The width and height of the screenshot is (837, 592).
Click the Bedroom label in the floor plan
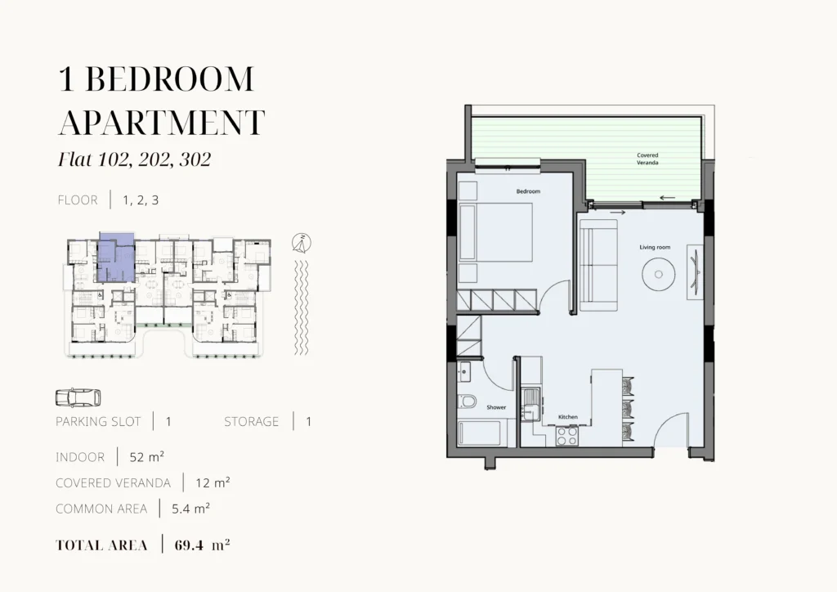tap(528, 191)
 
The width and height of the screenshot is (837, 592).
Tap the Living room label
tap(655, 247)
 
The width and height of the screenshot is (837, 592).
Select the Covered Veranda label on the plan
tap(647, 159)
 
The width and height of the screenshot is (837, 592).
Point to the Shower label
tap(496, 407)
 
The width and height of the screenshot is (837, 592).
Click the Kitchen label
tap(568, 417)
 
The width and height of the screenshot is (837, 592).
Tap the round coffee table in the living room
tap(659, 275)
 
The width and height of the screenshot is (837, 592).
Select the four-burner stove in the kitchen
tap(567, 436)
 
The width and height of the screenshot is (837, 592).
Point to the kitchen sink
tap(530, 405)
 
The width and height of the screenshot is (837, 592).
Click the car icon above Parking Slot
tap(78, 397)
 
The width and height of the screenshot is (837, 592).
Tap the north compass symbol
tap(302, 244)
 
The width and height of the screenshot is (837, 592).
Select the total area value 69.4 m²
tap(203, 545)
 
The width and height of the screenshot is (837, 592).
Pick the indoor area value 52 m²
tap(147, 457)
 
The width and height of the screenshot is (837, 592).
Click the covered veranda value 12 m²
tap(213, 482)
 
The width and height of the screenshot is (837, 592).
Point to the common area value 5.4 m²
tap(190, 509)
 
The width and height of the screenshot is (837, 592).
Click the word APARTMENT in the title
tap(161, 123)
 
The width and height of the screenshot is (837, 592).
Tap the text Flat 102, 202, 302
tap(135, 159)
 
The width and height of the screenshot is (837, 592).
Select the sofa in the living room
tap(599, 265)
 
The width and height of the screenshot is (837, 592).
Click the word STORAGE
tap(252, 422)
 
